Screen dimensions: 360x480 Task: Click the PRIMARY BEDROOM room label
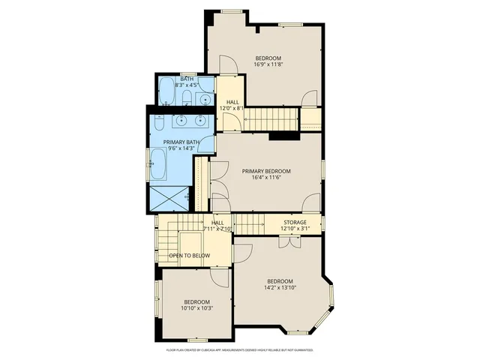(x=266, y=171)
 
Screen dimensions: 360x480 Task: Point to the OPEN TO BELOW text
(x=189, y=256)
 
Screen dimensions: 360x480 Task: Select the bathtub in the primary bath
(x=159, y=163)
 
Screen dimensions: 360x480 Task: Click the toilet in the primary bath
(x=158, y=123)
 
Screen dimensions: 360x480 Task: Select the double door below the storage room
(x=286, y=241)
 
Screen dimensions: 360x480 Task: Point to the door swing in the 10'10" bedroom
(x=220, y=277)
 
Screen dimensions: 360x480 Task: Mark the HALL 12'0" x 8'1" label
(x=231, y=105)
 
